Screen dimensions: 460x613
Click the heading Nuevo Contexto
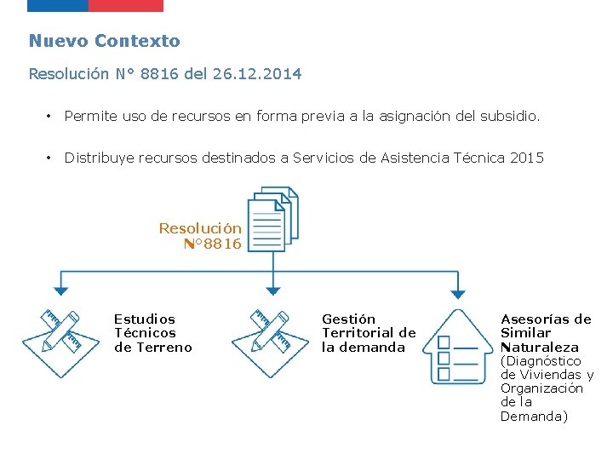(104, 41)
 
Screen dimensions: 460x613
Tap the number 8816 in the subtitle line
(160, 74)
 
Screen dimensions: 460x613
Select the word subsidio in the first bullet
(509, 115)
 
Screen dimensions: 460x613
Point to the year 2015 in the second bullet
(525, 158)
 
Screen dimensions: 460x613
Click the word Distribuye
(100, 158)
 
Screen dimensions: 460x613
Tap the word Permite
(91, 115)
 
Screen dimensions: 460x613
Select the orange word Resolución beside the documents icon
(200, 228)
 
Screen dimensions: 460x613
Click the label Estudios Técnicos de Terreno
(153, 333)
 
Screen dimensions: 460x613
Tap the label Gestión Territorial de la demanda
(369, 333)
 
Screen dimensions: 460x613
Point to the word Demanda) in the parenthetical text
(533, 417)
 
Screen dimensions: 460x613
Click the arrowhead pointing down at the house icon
(458, 294)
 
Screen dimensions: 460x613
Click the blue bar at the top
(58, 5)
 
